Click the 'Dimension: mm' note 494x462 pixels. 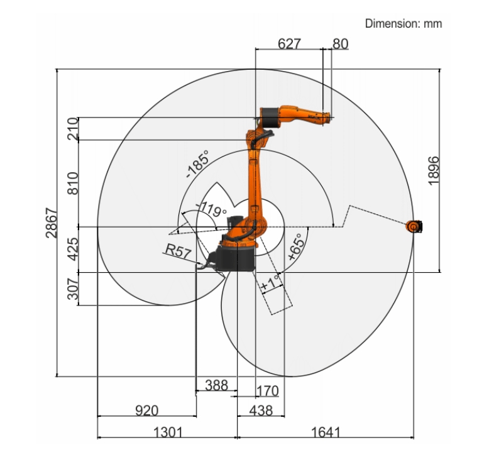coord(403,24)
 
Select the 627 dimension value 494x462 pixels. coord(289,44)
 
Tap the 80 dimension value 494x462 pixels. coord(340,44)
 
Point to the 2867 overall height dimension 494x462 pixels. coord(52,223)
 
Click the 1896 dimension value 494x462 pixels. coord(434,170)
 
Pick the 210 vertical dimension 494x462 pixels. coord(73,129)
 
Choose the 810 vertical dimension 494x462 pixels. coord(73,184)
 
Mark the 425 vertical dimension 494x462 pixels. coord(73,250)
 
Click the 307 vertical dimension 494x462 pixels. coord(73,289)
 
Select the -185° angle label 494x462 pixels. coord(197,164)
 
